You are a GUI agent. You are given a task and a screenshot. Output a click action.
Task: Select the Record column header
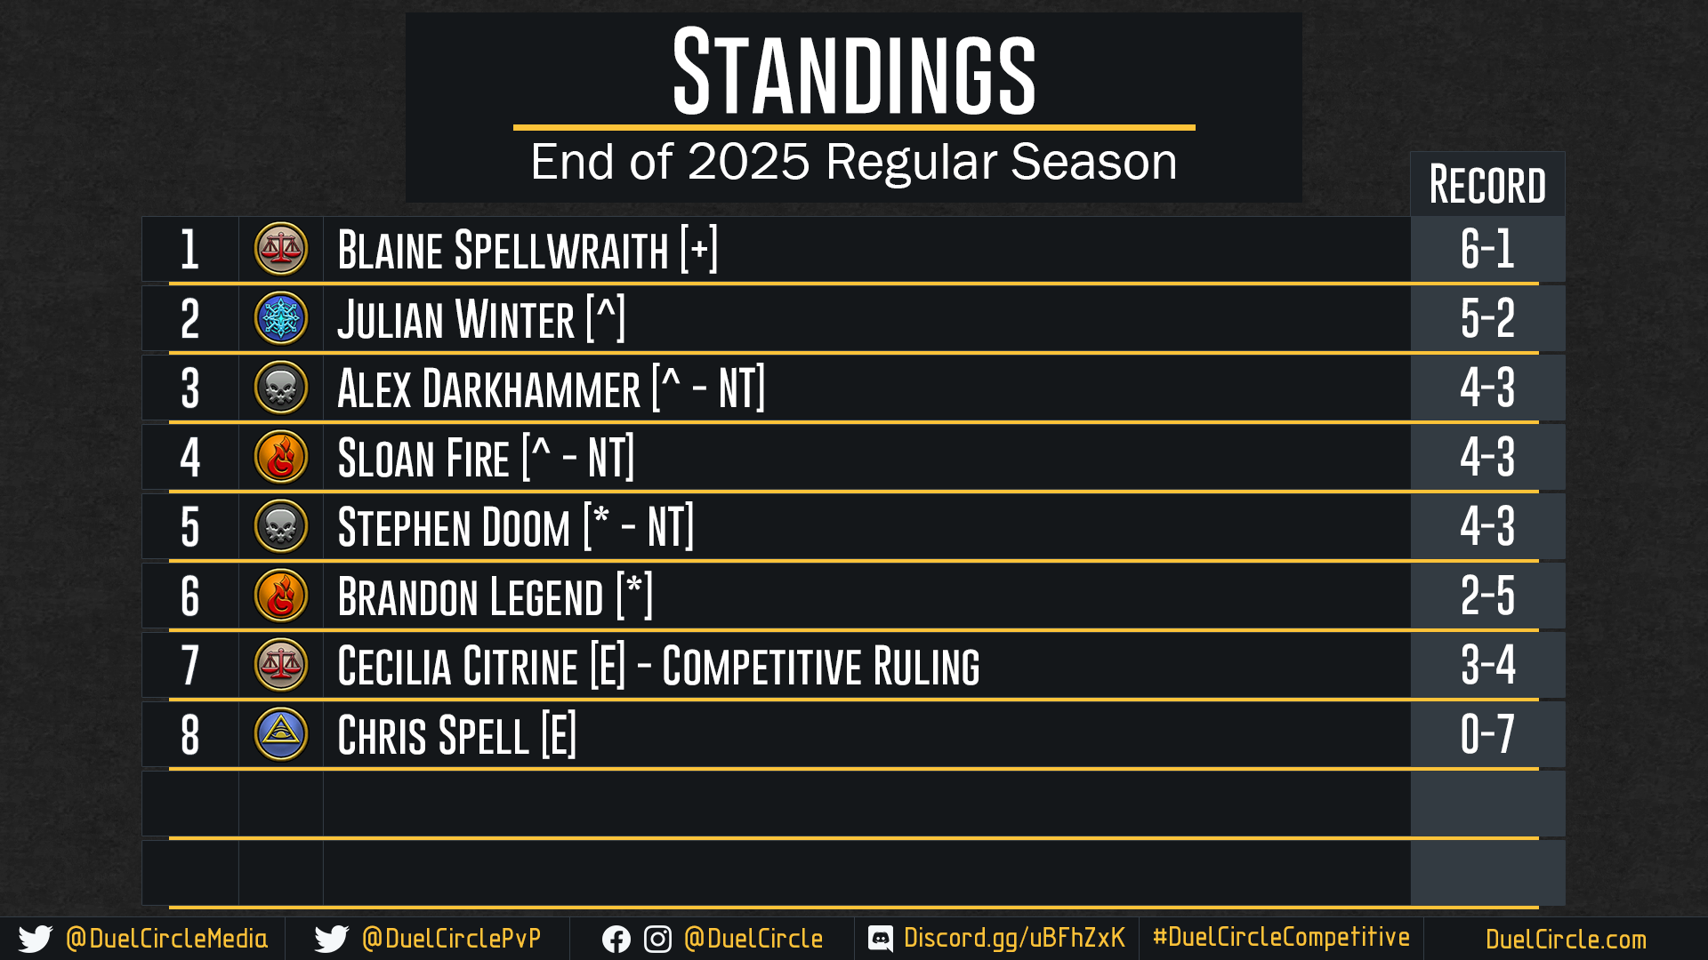1487,185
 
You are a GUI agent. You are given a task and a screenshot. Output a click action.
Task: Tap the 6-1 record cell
1487,249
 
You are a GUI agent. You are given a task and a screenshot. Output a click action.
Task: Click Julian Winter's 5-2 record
1487,318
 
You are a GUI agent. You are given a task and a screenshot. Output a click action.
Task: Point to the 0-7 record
1487,734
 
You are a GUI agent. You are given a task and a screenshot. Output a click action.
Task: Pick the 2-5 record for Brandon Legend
1487,596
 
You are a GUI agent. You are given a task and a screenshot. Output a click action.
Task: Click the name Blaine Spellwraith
503,250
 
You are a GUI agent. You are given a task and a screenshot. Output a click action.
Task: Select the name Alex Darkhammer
488,388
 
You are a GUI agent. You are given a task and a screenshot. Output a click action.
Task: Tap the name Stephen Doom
454,527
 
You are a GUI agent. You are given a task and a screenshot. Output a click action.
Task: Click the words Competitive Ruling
820,666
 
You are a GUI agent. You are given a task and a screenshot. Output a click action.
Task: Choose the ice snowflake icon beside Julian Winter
281,318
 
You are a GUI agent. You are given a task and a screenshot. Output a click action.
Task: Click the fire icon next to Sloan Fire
281,457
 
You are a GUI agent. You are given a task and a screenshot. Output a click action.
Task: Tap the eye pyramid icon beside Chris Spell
281,734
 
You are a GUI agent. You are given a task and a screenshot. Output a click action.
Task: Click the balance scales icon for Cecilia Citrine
281,665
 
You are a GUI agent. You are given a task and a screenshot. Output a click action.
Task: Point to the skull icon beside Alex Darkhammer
281,388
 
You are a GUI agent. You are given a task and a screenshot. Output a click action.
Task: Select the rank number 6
190,596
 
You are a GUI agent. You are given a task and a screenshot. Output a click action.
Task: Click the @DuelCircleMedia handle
166,939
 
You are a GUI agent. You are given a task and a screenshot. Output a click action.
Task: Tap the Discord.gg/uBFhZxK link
1014,938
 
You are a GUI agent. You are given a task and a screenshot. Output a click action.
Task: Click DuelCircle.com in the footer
1566,939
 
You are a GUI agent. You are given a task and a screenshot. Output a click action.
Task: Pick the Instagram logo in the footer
657,940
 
